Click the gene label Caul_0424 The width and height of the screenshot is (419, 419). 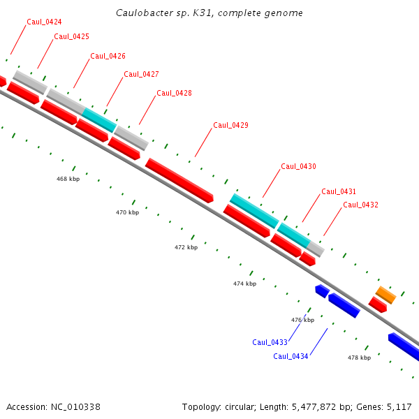click(x=44, y=22)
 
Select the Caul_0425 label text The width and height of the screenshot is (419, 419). click(x=71, y=36)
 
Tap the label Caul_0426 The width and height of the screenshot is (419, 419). click(x=108, y=56)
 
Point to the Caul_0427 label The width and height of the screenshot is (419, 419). click(x=141, y=74)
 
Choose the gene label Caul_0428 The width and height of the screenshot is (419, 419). click(x=174, y=93)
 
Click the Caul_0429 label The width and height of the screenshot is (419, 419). click(x=230, y=125)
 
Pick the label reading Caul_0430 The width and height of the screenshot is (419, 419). click(x=298, y=166)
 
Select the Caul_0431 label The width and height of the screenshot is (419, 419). click(x=339, y=191)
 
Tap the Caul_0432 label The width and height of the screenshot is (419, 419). click(x=360, y=205)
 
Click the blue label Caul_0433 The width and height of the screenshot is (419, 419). click(x=270, y=342)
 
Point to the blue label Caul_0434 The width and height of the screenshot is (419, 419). click(x=291, y=356)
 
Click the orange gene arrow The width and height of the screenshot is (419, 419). click(x=386, y=295)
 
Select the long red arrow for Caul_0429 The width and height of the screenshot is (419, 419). click(x=179, y=180)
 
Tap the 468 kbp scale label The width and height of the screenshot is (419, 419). click(x=68, y=179)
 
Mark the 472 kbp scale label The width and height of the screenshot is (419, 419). click(x=186, y=247)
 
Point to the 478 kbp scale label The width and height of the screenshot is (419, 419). click(x=359, y=358)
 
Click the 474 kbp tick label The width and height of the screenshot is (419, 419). click(x=244, y=284)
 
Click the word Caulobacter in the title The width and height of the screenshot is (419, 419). click(x=143, y=13)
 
